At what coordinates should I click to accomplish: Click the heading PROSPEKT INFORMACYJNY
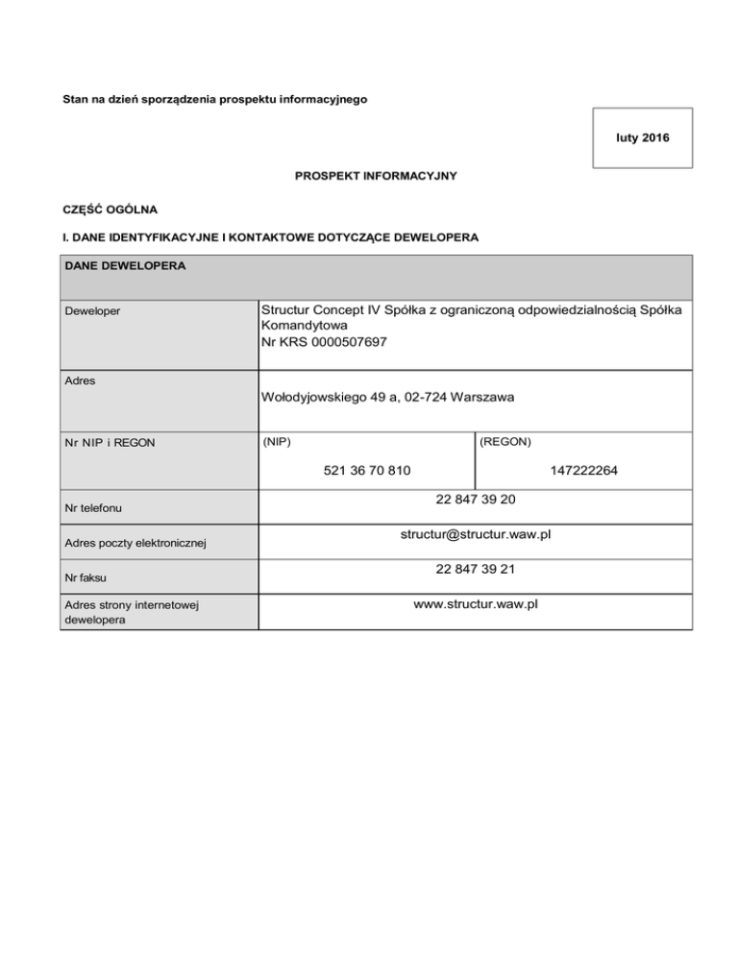point(369,176)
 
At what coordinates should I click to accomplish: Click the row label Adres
point(81,380)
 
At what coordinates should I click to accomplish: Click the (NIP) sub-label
point(277,442)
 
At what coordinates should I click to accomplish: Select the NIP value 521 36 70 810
point(361,471)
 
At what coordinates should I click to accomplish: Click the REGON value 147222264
point(584,471)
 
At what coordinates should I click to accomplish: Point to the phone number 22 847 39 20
point(475,500)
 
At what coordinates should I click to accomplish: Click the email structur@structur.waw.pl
point(475,534)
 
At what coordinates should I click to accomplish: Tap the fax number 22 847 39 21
point(475,569)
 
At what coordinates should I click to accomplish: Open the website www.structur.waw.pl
point(475,604)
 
